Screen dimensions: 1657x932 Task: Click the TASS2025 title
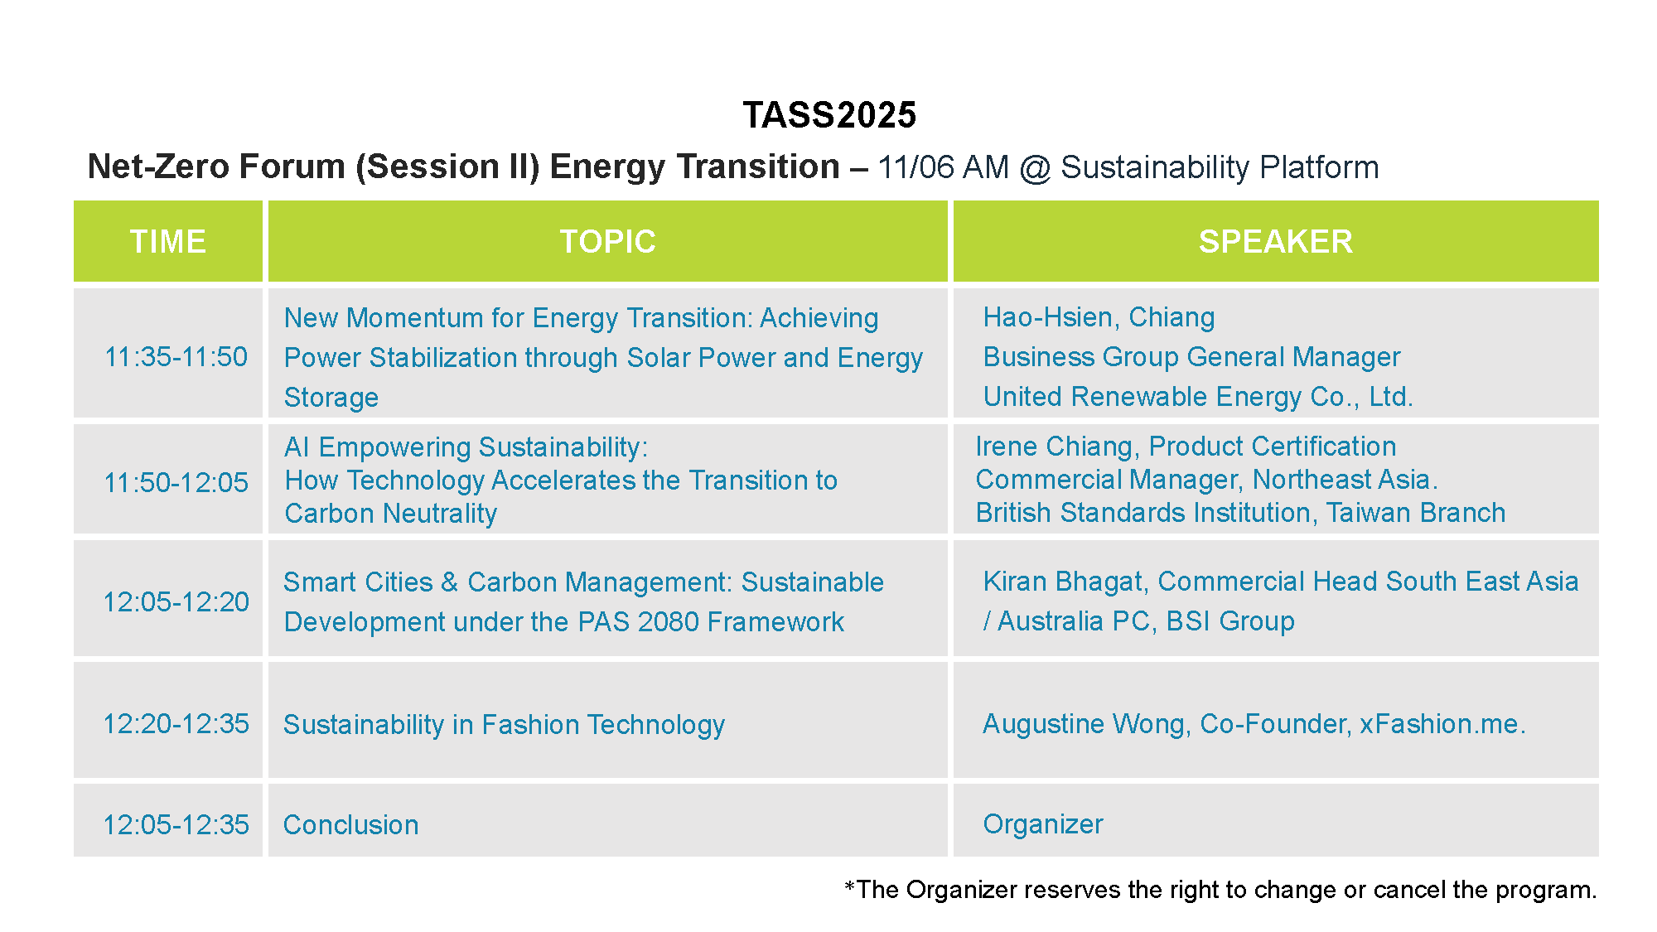coord(829,115)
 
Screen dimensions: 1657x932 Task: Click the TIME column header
coord(168,242)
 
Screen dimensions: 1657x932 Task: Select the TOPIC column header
coord(608,242)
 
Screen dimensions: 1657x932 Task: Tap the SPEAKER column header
coord(1276,242)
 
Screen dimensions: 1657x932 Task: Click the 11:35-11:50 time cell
coord(176,357)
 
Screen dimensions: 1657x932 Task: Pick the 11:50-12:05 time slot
coord(176,482)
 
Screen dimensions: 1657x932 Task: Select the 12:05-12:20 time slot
coord(176,601)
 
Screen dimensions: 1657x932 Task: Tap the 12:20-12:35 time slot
coord(176,723)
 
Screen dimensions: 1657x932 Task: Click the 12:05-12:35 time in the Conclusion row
coord(176,824)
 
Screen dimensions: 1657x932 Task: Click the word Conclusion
coord(351,825)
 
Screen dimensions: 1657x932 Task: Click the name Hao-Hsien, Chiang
coord(1099,317)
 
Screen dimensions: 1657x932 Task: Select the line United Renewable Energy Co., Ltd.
coord(1198,397)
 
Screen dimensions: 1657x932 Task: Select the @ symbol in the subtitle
coord(1035,168)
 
